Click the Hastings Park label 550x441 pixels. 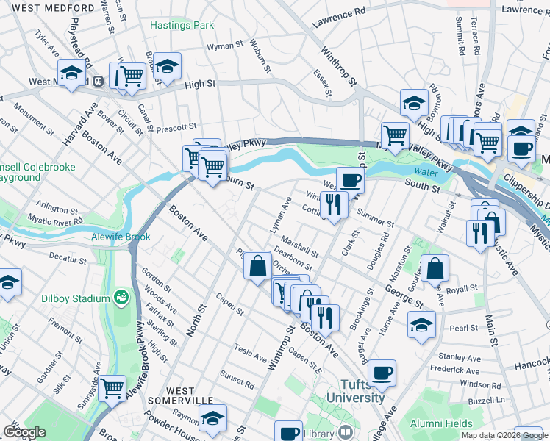(x=182, y=25)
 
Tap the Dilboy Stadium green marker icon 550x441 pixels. (x=121, y=298)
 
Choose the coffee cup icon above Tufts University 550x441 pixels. (x=382, y=373)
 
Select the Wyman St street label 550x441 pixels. (x=225, y=46)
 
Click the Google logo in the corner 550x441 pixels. (x=24, y=432)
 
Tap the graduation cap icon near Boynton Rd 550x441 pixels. (x=414, y=102)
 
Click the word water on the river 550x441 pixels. (x=421, y=173)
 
